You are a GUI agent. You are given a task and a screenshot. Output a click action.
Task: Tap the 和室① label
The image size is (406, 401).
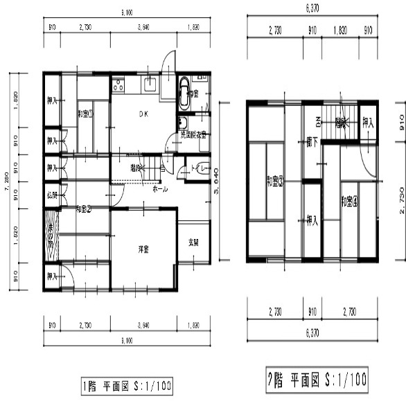tap(85, 114)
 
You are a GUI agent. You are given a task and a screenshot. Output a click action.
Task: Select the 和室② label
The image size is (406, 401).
tap(84, 208)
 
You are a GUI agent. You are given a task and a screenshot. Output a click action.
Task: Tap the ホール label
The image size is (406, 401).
tap(159, 188)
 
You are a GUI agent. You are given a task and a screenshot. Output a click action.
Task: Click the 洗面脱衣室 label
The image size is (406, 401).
tap(193, 135)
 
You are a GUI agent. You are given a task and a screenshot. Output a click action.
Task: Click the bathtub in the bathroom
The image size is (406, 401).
tap(185, 93)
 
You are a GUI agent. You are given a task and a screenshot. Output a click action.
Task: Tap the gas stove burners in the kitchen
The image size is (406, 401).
tap(118, 86)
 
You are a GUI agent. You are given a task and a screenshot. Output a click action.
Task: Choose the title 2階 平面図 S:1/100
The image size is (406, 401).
tap(315, 380)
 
